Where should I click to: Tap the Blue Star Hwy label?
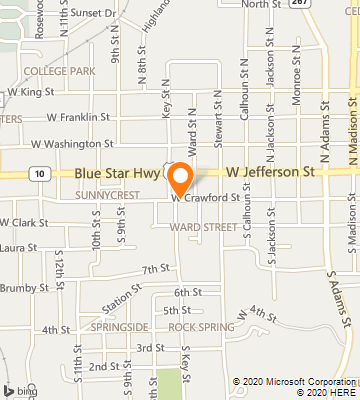(116, 173)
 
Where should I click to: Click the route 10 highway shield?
(37, 173)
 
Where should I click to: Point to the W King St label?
(33, 92)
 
